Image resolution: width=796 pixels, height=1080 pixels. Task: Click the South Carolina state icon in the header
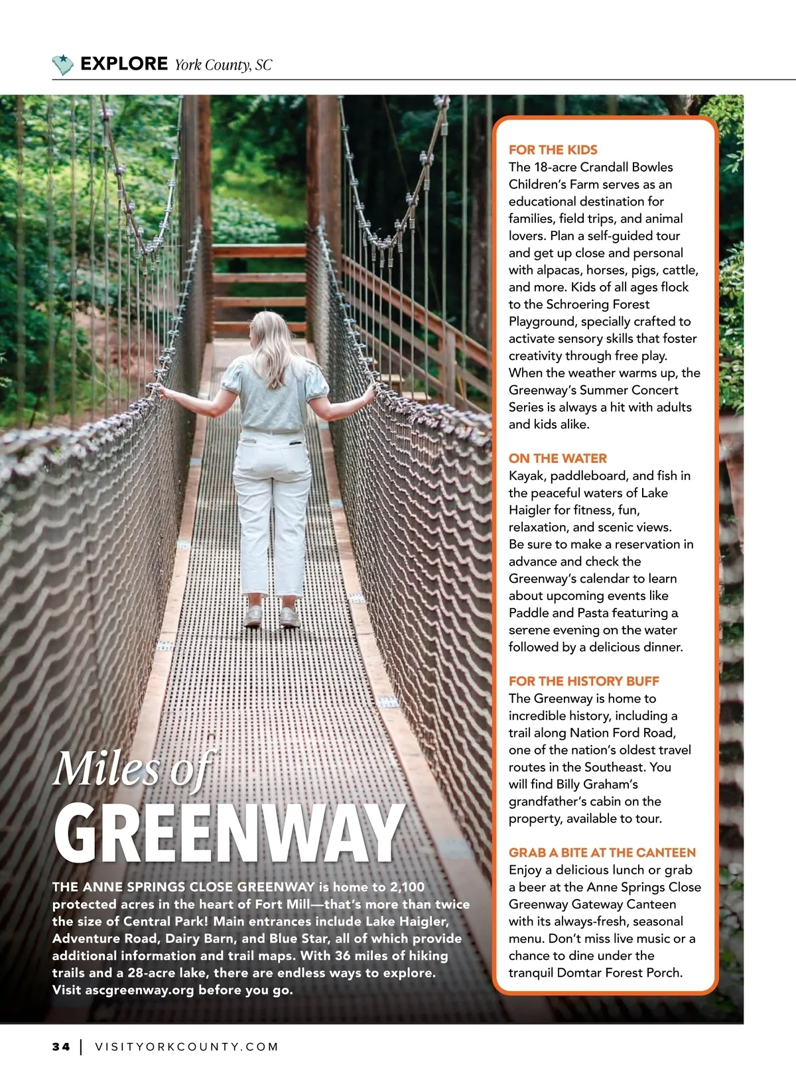click(62, 64)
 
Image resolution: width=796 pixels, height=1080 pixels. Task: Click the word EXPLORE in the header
click(124, 64)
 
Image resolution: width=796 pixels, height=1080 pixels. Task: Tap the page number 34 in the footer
click(61, 1047)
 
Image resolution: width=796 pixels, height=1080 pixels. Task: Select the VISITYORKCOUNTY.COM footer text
click(187, 1047)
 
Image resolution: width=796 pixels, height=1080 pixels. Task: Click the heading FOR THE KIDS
click(553, 150)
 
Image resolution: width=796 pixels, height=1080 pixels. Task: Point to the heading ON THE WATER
click(557, 458)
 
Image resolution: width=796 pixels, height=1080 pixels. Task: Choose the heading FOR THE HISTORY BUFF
click(584, 681)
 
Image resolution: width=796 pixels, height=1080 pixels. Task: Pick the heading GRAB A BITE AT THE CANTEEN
click(602, 853)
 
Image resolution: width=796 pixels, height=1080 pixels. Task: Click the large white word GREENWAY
click(229, 833)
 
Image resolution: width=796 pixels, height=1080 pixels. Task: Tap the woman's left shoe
click(253, 617)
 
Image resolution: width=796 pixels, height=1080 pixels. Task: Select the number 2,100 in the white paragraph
click(407, 887)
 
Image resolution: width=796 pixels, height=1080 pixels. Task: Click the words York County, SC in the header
click(223, 65)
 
